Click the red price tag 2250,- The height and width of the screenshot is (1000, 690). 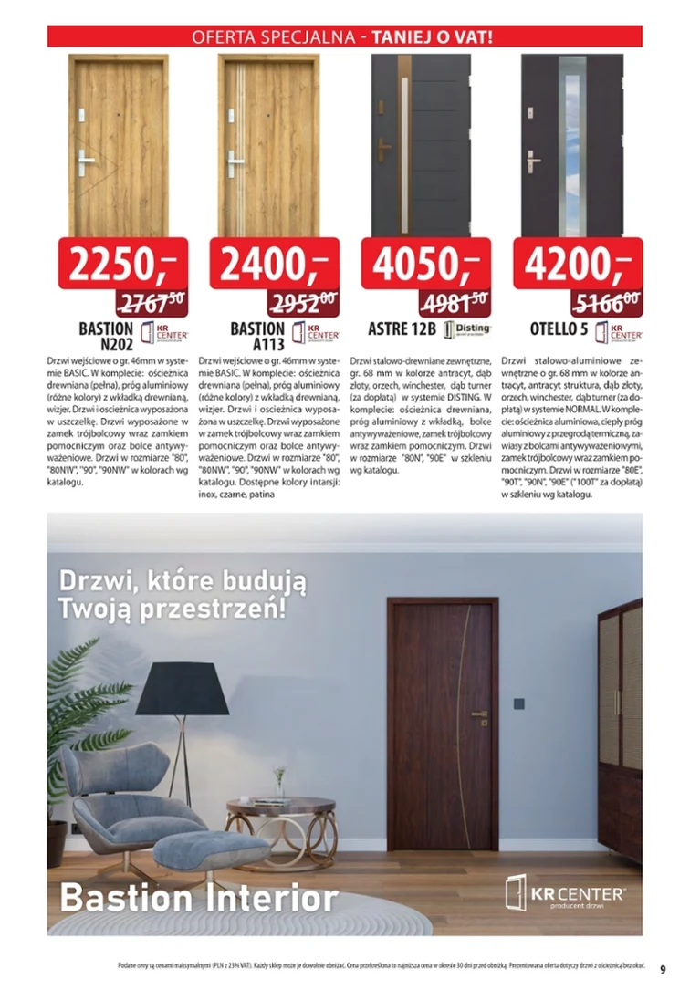tap(122, 263)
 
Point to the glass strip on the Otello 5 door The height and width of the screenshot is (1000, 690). tap(571, 150)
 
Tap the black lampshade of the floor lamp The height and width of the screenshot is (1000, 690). tap(193, 690)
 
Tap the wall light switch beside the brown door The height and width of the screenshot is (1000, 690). tap(518, 703)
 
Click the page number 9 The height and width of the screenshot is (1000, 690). tap(664, 970)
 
